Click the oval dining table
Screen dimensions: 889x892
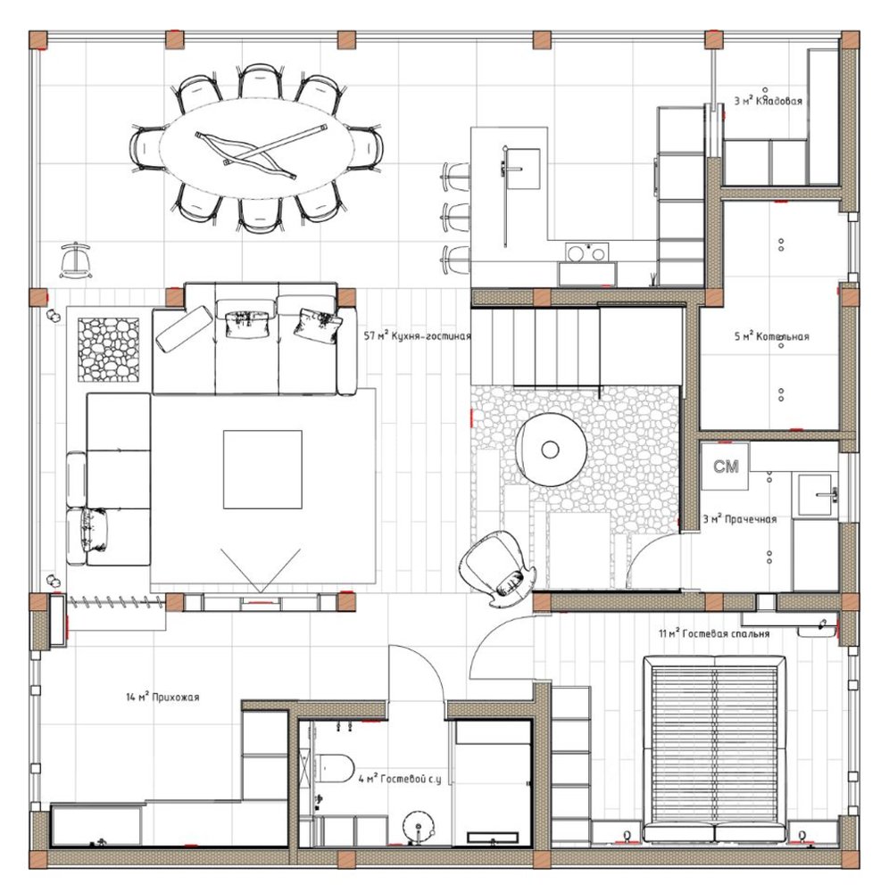[x=255, y=148]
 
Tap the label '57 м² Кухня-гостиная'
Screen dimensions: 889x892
[x=417, y=336]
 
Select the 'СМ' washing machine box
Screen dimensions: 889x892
[x=725, y=467]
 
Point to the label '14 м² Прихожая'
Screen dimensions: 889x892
[x=162, y=697]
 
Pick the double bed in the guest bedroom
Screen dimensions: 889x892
[x=714, y=748]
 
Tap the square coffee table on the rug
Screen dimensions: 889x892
[x=262, y=469]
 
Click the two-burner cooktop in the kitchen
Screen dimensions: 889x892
[x=586, y=252]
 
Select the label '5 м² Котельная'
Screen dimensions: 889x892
[x=771, y=336]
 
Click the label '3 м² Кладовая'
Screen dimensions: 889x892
[x=768, y=102]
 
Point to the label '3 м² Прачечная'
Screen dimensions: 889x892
[x=739, y=519]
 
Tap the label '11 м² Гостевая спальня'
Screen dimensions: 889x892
[x=714, y=633]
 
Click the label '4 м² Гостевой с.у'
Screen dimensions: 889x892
[x=400, y=779]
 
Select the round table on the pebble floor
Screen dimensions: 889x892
[x=551, y=450]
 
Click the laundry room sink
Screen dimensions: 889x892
[x=818, y=495]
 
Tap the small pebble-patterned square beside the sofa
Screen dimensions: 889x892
[x=108, y=350]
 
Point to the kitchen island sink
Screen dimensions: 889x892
[x=520, y=169]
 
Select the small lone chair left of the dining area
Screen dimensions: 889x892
[x=76, y=260]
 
